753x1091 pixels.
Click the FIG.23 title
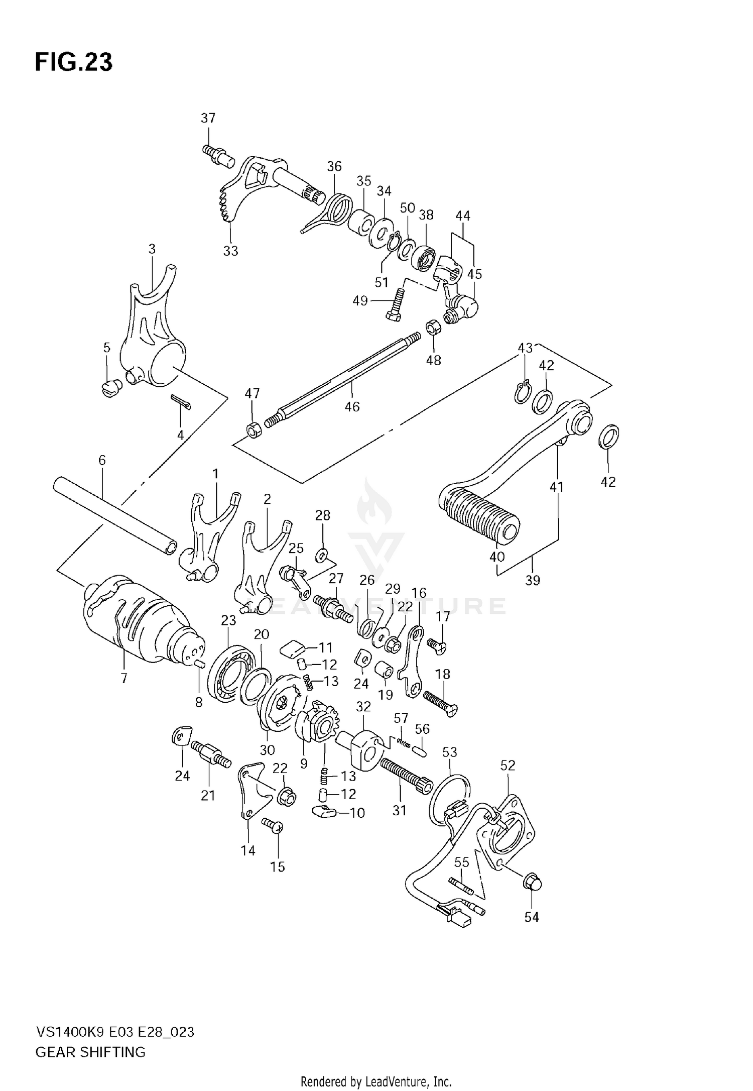click(x=73, y=62)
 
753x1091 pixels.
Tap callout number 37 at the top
click(x=208, y=118)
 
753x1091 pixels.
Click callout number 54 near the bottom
click(x=532, y=917)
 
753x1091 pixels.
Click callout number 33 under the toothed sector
click(x=230, y=251)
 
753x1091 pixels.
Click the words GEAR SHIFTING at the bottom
click(x=90, y=1052)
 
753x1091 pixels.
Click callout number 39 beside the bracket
click(x=533, y=580)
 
